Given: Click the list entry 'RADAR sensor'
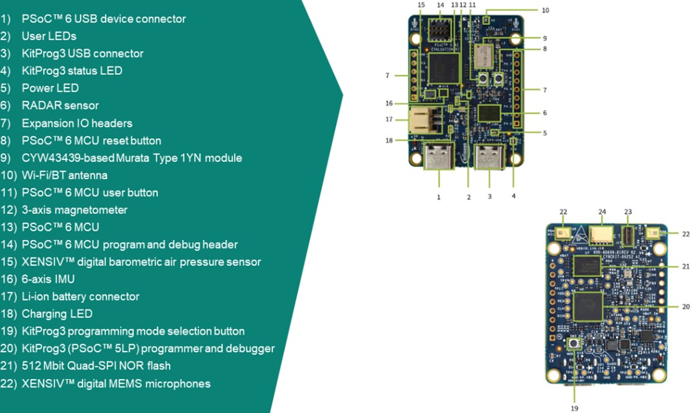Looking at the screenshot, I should click(x=60, y=106).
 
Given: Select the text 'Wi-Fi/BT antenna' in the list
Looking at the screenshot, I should click(x=65, y=175).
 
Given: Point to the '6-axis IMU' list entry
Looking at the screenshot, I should click(x=48, y=279).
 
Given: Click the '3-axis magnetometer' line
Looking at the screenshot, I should click(x=74, y=210).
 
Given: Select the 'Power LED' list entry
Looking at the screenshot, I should click(x=50, y=88).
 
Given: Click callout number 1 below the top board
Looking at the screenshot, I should click(x=439, y=197).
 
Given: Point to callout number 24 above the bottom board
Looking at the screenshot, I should click(x=601, y=212).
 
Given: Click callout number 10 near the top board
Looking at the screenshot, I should click(x=545, y=10).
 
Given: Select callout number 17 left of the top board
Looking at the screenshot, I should click(x=388, y=119).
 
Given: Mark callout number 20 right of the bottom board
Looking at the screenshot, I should click(x=685, y=307).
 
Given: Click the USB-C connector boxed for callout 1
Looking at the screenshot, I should click(x=439, y=158).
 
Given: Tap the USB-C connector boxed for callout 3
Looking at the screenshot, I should click(x=489, y=158).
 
